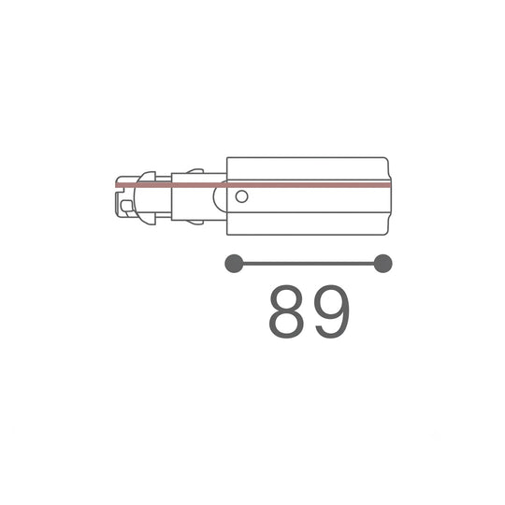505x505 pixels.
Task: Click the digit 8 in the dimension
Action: coord(286,311)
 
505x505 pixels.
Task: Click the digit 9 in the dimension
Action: coord(332,311)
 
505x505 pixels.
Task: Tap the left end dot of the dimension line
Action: coord(234,264)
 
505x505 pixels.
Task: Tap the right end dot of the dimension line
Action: coord(382,264)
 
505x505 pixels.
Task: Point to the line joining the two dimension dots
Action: coord(309,264)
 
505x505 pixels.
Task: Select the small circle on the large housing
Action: coord(241,196)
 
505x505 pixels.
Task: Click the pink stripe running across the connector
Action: coord(253,185)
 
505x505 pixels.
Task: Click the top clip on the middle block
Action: coord(195,171)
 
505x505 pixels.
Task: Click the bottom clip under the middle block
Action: coord(195,223)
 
